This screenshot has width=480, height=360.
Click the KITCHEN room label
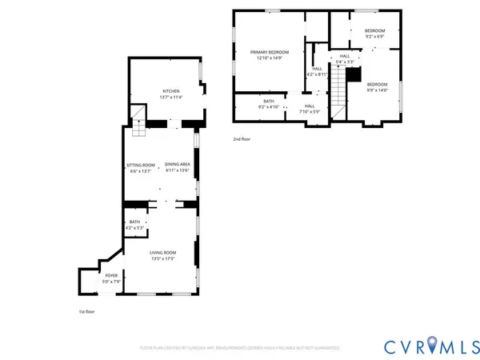172,91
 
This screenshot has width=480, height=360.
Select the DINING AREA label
177,165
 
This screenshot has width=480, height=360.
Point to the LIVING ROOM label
162,253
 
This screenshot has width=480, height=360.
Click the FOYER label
111,275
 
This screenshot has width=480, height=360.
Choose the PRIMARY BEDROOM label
267,52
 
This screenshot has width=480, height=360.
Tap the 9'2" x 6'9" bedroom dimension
376,36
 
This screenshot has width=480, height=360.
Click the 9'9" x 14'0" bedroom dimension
377,90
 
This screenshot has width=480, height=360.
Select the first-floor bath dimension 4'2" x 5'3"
134,228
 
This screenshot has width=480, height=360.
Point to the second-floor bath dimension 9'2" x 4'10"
267,106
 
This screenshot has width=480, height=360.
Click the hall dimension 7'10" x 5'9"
309,112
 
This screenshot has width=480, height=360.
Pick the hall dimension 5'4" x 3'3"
345,62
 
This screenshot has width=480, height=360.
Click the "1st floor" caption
86,311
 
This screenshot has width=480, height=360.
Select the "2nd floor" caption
242,139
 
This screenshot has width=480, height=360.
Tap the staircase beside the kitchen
140,122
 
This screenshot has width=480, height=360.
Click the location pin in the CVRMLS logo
432,345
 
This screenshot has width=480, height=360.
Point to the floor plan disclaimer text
240,348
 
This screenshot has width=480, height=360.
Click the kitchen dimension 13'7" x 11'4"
172,98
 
